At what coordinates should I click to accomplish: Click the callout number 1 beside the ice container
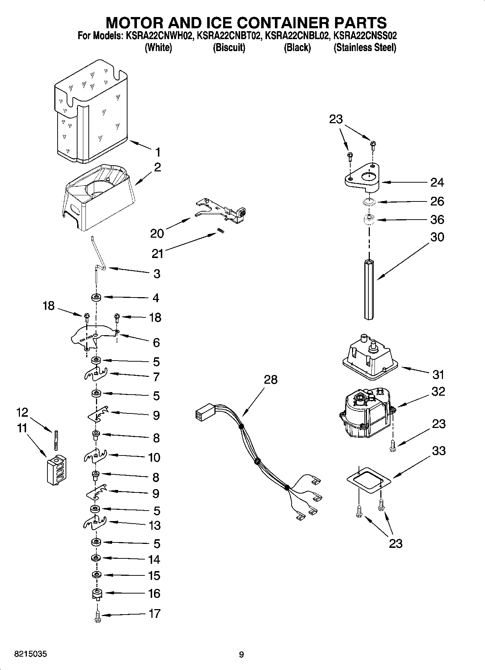(158, 152)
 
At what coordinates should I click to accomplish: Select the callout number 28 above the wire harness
(270, 379)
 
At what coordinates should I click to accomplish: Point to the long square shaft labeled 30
(369, 290)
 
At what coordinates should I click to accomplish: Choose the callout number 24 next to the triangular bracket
(437, 182)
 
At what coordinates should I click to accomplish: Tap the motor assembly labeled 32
(366, 415)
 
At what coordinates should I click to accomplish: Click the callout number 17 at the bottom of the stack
(154, 613)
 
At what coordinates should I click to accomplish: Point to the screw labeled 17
(97, 616)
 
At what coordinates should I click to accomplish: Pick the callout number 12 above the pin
(22, 412)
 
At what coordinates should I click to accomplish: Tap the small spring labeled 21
(220, 231)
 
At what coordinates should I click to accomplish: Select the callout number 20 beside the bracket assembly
(157, 234)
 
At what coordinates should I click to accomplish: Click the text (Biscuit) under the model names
(229, 47)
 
